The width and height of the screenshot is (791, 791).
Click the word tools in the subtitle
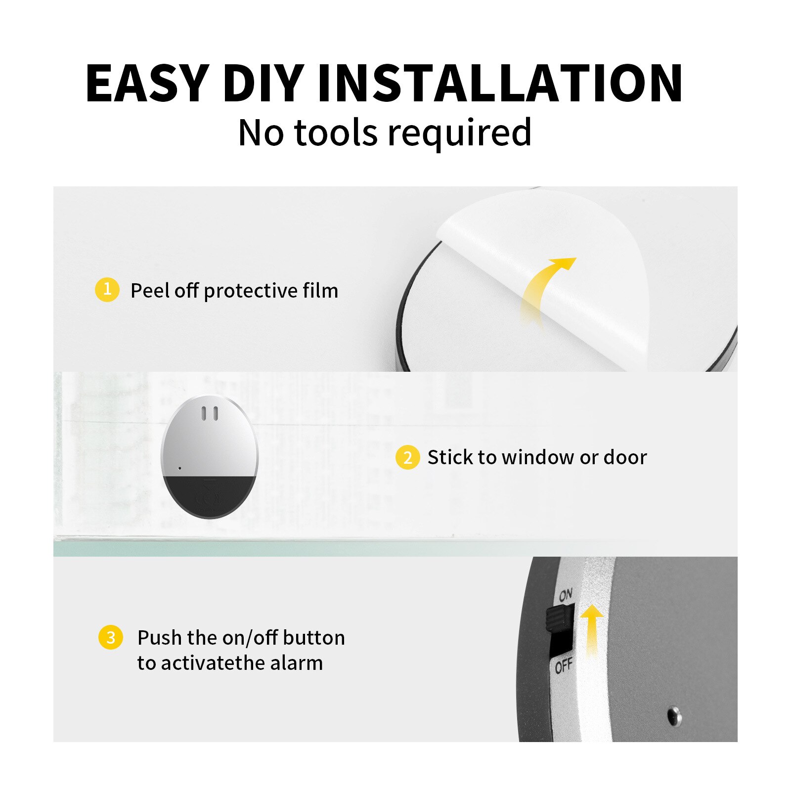[336, 132]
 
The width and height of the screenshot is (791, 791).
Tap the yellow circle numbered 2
[407, 457]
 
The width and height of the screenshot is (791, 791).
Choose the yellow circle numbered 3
[110, 637]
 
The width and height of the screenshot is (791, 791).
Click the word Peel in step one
[150, 291]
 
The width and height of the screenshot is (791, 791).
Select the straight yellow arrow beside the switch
[591, 628]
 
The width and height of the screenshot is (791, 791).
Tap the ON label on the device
[566, 595]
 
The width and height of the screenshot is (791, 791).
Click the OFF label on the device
[563, 666]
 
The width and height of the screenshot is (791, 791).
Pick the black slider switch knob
[559, 618]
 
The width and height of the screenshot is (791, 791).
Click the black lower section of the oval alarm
[210, 497]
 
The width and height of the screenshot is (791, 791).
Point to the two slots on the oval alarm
[210, 414]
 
